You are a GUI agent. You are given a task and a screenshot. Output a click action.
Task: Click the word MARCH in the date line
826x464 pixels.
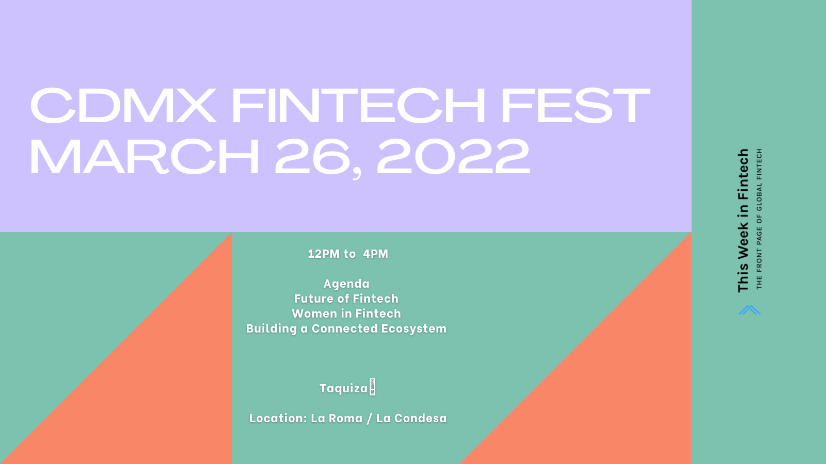point(144,156)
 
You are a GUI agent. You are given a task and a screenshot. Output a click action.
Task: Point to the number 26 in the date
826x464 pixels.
point(312,156)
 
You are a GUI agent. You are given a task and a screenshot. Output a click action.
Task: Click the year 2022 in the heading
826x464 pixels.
point(453,156)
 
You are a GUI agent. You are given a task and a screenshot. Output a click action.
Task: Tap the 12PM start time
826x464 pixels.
point(323,254)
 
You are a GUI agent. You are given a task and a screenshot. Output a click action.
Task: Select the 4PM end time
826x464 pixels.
point(375,254)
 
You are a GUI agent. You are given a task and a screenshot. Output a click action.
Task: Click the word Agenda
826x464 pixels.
point(346,284)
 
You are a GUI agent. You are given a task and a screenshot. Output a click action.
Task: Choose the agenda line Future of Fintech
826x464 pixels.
point(346,299)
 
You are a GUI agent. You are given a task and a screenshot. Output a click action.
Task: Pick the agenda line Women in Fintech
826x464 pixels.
point(346,314)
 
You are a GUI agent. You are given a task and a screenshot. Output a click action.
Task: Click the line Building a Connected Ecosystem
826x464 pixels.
point(346,329)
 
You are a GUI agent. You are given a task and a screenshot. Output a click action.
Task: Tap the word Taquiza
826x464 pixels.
point(343,389)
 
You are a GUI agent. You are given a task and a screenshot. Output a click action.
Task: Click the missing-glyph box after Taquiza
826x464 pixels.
point(372,387)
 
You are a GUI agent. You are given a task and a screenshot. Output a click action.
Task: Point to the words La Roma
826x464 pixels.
point(337,418)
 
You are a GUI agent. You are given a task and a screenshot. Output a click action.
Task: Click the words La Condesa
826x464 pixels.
point(411,418)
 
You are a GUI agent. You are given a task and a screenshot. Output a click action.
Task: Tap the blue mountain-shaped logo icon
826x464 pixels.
point(749,310)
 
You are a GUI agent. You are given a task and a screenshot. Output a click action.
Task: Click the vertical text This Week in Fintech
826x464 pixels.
point(743,221)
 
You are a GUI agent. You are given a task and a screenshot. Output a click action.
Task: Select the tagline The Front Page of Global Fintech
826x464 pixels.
point(759,219)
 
